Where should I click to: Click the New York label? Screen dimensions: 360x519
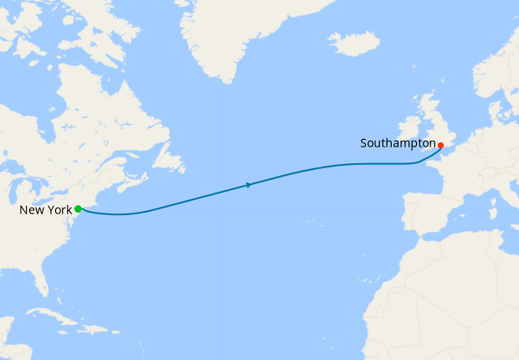tap(45, 209)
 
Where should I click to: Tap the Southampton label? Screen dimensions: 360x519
tap(398, 143)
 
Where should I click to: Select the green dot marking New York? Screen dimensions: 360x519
tap(78, 208)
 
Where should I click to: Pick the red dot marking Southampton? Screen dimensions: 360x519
tap(440, 145)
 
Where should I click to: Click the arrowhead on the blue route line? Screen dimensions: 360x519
tap(249, 184)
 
